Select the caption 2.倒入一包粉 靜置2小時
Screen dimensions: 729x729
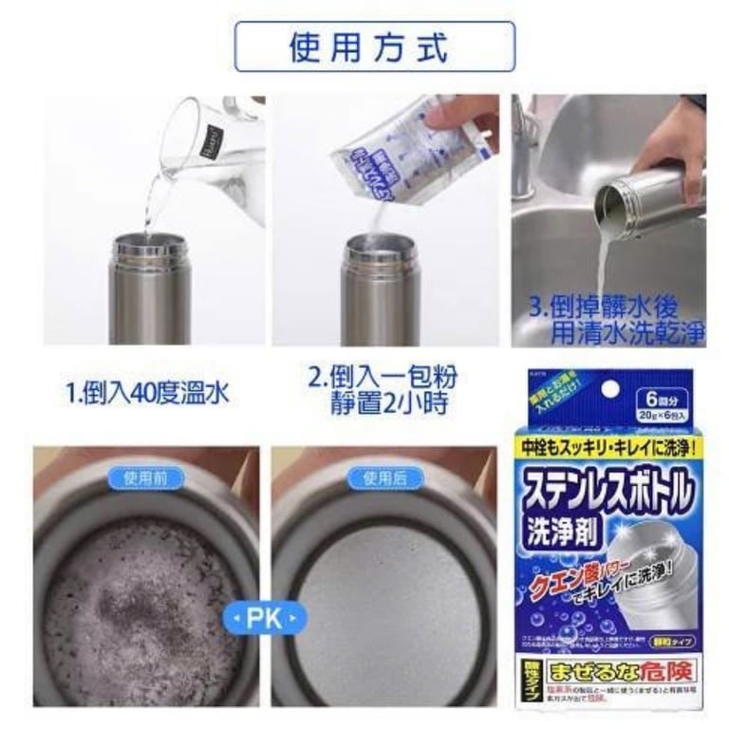coord(382,390)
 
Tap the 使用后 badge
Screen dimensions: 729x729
coord(384,477)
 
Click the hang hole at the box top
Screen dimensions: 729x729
coord(610,388)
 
